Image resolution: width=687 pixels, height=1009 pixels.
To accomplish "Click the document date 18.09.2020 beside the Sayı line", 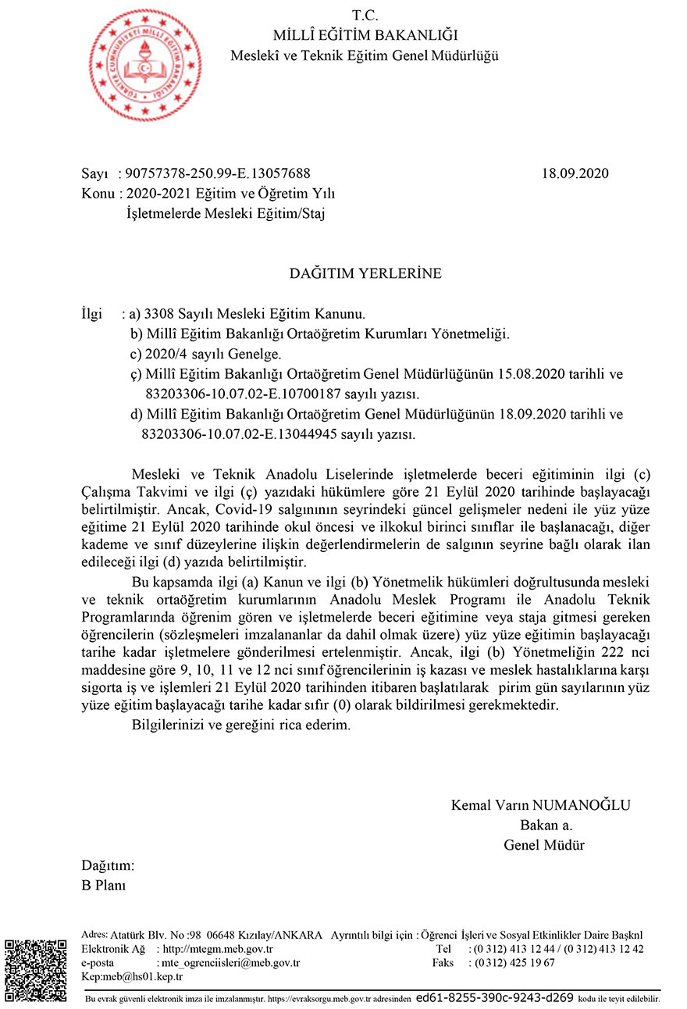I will click(575, 173).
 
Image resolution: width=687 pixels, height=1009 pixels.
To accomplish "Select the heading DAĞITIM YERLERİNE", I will click(365, 273).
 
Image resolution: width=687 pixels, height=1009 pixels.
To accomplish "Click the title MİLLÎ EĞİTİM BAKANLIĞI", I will click(365, 34).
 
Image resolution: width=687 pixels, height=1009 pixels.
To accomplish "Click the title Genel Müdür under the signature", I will click(544, 845).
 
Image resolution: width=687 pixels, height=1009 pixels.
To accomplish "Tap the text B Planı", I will click(104, 885).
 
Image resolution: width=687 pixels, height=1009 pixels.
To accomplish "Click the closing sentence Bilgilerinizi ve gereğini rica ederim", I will click(241, 725).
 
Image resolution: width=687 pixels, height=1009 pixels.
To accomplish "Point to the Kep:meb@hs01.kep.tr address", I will click(132, 976).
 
